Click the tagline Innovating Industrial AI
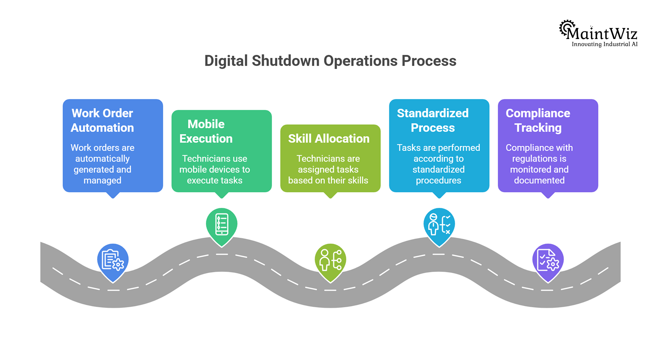click(604, 44)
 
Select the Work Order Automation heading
click(102, 120)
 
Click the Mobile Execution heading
click(206, 131)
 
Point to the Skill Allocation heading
click(328, 138)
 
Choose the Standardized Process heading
click(433, 120)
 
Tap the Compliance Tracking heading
click(538, 120)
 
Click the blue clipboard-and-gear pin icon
click(113, 260)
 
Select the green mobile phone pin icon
click(221, 224)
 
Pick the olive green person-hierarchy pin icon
click(330, 260)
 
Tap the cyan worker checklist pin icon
click(439, 224)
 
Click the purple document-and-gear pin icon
click(548, 260)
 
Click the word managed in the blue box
click(102, 181)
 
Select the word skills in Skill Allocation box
click(357, 181)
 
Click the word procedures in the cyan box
click(438, 181)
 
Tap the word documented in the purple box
click(539, 181)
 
